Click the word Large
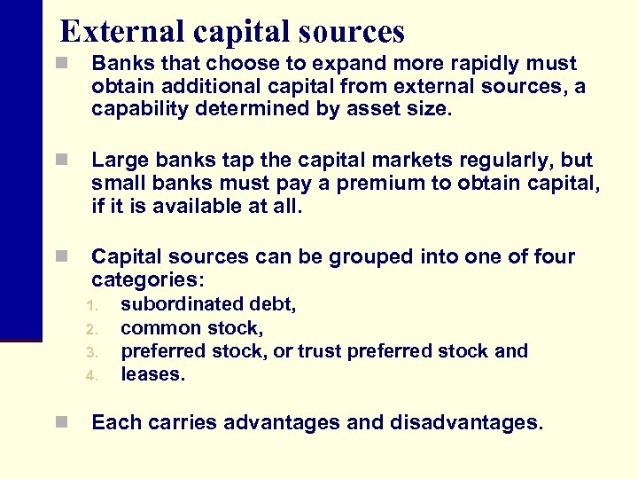click(120, 161)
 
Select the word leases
click(152, 374)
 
